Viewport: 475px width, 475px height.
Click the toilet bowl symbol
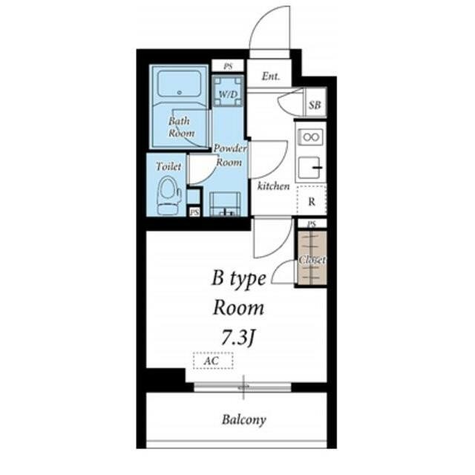coord(169,195)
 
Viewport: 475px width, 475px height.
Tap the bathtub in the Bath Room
coord(180,84)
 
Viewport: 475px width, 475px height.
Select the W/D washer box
coord(228,91)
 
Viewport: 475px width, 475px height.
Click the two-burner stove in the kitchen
coord(311,137)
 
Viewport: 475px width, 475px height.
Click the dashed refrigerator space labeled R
coord(312,200)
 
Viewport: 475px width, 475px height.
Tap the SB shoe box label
coord(315,105)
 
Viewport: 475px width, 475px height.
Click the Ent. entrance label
coord(270,76)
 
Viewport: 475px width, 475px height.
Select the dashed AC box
coord(213,361)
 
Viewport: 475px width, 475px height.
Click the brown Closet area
coord(312,258)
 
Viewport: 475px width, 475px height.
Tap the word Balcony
coord(244,420)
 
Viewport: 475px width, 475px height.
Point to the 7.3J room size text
coord(237,338)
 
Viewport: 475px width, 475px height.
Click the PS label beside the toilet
coord(194,212)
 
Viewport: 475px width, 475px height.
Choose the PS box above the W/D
coord(228,66)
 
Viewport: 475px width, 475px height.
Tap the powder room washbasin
coord(225,204)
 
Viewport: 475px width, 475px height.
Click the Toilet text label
coord(168,166)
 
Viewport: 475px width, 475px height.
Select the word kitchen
coord(274,186)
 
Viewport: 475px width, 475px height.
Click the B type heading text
coord(239,279)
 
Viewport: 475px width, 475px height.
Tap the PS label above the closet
coord(312,224)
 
